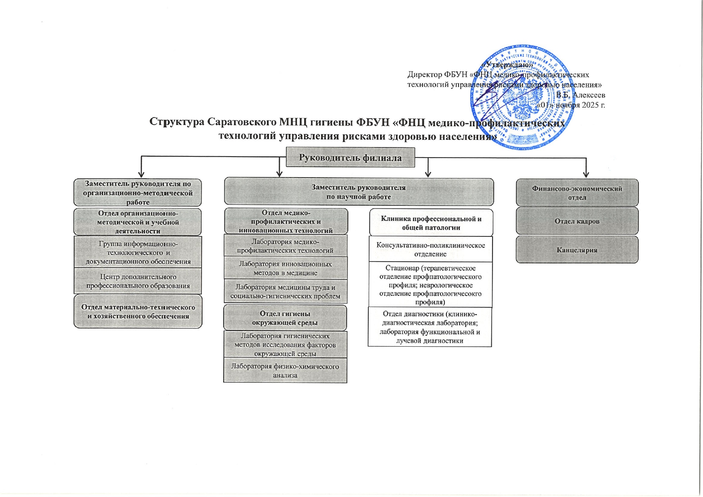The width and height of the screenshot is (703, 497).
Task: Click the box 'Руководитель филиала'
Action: (350, 158)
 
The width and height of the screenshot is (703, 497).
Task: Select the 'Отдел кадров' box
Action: (577, 221)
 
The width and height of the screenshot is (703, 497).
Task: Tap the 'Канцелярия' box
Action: (577, 250)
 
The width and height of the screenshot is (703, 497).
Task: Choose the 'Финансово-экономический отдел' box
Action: (577, 193)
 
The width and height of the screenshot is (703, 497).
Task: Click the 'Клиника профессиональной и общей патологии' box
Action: (431, 223)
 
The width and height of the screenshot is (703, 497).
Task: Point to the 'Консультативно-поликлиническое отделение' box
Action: (430, 249)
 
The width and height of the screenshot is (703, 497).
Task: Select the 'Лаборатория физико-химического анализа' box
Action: (285, 371)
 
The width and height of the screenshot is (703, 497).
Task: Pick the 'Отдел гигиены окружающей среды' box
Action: (285, 318)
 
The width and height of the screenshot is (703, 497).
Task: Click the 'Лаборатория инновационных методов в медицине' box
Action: (285, 268)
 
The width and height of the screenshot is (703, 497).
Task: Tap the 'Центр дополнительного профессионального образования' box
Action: (138, 281)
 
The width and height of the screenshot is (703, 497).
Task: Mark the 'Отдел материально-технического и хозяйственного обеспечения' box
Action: (138, 311)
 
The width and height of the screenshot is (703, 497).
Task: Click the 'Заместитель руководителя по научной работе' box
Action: (359, 192)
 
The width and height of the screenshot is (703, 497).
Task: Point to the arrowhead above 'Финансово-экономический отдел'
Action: (586, 175)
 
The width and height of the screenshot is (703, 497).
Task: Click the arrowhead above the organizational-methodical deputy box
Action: (141, 174)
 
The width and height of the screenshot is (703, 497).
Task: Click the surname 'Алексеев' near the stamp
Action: (589, 95)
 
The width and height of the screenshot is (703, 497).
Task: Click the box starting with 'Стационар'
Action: (430, 285)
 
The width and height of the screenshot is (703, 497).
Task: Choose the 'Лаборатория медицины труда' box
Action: (285, 291)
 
